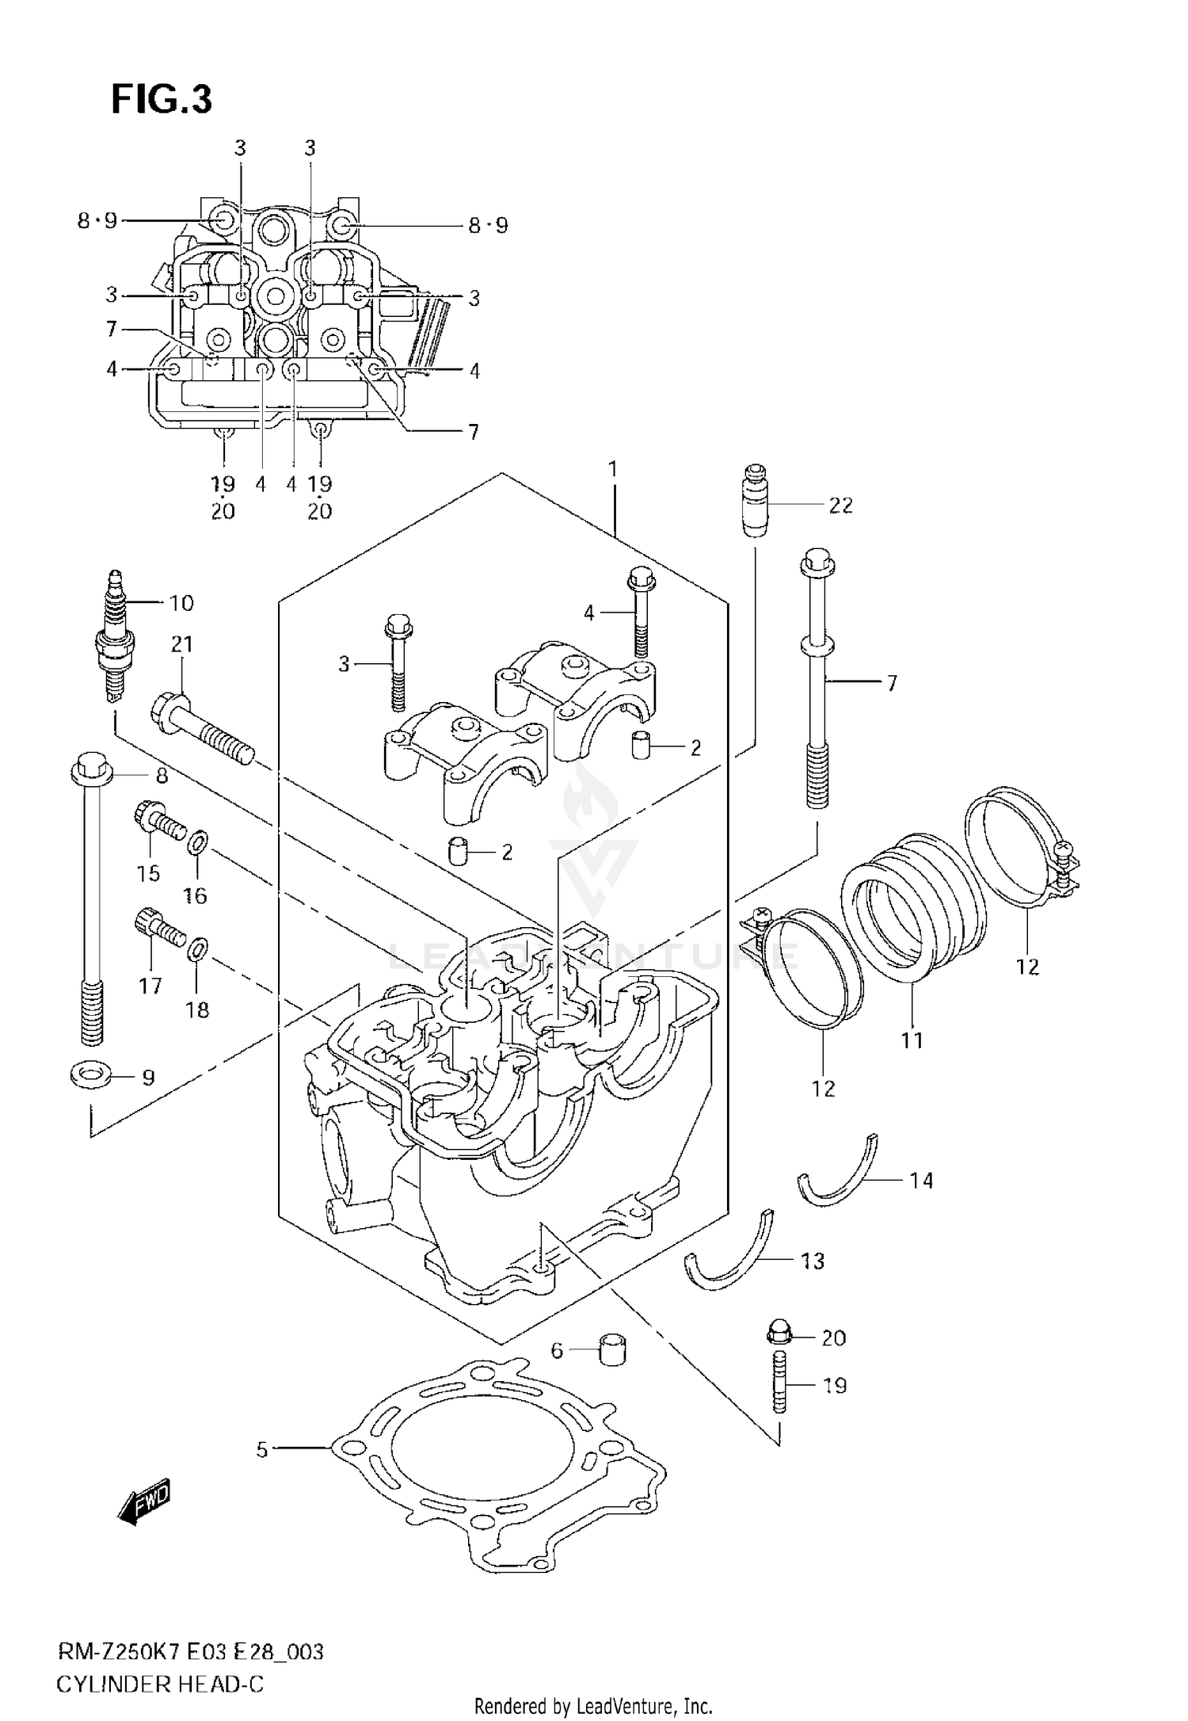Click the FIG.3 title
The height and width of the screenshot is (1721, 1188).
162,100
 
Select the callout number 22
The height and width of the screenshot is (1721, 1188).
840,506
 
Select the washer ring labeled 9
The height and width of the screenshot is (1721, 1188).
91,1076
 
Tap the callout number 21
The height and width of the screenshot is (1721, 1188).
181,644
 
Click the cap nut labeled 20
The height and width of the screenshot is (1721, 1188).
776,1334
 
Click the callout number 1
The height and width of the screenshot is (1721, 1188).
612,469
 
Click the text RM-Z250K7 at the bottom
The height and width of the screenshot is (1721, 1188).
119,1652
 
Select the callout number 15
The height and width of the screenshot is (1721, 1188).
148,873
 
